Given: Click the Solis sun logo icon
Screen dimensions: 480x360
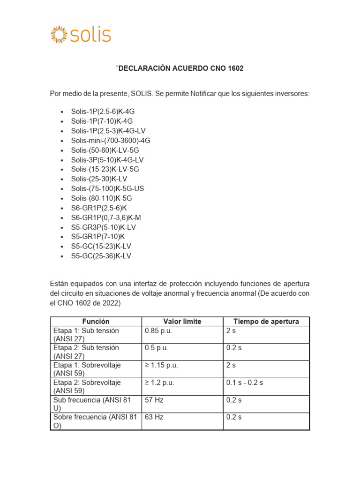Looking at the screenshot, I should pos(59,35).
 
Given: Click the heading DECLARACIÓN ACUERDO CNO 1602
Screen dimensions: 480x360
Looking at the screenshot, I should pos(180,68).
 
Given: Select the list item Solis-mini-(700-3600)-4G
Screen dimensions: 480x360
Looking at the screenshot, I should pos(111,140).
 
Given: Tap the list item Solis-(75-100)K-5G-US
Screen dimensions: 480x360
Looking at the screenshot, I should pos(108,188).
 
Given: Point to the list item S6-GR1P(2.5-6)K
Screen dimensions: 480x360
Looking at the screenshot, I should pos(99,208).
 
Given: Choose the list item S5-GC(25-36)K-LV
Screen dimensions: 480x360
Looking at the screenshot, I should pos(101,256).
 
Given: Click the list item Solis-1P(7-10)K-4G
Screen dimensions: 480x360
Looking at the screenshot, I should pos(102,121).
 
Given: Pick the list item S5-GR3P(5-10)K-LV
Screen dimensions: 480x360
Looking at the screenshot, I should pos(103,227).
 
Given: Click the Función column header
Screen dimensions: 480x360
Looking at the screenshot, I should pos(96,321).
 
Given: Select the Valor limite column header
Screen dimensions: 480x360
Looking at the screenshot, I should pos(182,321).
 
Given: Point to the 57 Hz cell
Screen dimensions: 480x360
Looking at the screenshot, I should pos(154,400).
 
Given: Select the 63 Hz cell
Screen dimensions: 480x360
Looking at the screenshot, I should pos(154,417).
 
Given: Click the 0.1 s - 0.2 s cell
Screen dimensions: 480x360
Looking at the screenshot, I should pos(245,382).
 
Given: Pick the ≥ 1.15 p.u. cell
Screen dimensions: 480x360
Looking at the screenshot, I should pos(162,365).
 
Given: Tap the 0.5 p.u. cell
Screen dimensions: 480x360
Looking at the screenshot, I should pos(157,348).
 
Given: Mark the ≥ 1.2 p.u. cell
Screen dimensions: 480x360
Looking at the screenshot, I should pos(160,382).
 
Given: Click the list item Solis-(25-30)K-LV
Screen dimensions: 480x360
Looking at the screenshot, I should pos(99,179).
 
